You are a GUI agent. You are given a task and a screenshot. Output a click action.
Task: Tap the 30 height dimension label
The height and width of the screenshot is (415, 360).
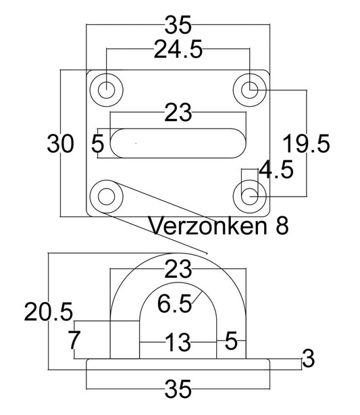pos(61,143)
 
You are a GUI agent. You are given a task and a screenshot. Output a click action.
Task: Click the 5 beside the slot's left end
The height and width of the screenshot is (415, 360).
pos(97,143)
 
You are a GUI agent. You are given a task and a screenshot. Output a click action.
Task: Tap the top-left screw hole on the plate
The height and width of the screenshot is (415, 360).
pos(107,88)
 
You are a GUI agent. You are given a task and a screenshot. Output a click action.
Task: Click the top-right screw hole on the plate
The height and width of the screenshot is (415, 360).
pos(251,88)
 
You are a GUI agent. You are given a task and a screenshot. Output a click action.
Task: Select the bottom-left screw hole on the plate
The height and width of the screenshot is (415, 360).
pos(107,196)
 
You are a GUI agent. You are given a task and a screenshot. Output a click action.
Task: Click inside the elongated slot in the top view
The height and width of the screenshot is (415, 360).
pos(177,143)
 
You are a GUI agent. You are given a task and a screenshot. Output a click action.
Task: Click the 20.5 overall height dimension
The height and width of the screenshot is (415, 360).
pos(48,312)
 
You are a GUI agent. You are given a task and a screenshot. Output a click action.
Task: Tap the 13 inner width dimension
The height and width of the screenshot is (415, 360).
pos(178,343)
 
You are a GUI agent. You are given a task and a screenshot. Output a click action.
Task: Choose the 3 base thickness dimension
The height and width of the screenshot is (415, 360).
pos(309,358)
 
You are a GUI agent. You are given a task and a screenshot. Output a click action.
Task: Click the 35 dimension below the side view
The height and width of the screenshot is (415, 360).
pos(178,390)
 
